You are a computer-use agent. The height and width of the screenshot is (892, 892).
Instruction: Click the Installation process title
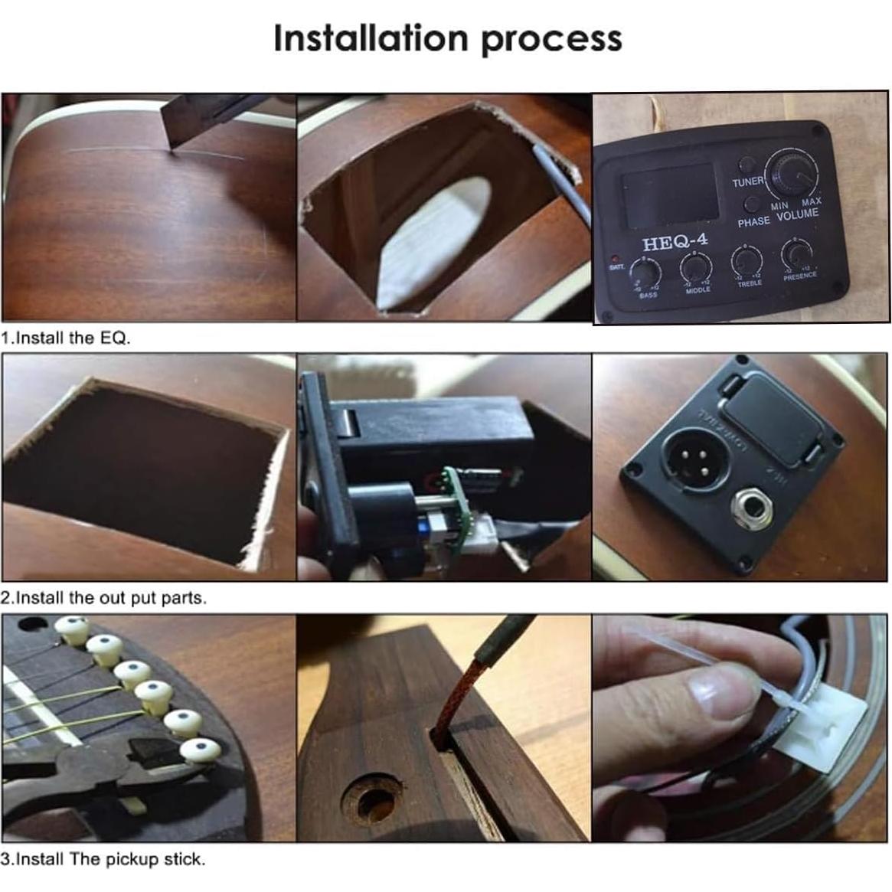[447, 39]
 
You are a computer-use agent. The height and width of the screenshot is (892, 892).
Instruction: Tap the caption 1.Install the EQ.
[66, 338]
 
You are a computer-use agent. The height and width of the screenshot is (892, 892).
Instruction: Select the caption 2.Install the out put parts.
[104, 598]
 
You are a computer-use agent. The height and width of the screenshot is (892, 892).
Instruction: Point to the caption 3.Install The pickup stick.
[103, 859]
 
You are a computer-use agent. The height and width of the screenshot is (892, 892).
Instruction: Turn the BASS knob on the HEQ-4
[645, 270]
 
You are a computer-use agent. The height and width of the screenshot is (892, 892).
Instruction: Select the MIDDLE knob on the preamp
[695, 266]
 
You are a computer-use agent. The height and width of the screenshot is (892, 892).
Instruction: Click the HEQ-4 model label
[675, 243]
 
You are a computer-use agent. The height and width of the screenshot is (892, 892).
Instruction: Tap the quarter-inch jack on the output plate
[749, 506]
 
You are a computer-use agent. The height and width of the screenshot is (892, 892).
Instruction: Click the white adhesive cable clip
[812, 719]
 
